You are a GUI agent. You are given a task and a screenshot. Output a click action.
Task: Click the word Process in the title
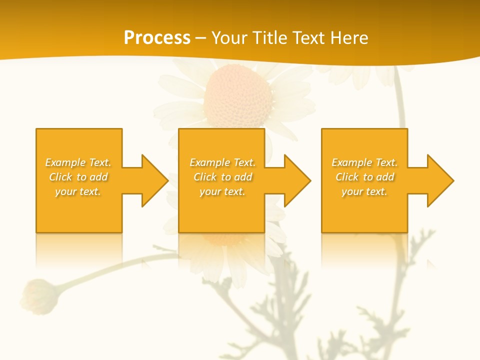[x=157, y=38]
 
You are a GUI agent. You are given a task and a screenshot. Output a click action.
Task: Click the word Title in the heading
[x=266, y=38]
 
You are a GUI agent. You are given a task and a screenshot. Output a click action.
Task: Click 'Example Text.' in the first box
[x=78, y=162]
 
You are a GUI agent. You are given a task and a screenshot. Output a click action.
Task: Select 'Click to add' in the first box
[x=78, y=177]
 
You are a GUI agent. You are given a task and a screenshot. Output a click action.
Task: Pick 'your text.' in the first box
[x=78, y=191]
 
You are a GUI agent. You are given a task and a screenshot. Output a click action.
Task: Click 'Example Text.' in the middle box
[x=222, y=162]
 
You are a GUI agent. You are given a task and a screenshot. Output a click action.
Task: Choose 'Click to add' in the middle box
[x=222, y=177]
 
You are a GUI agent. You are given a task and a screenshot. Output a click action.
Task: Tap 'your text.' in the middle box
[x=222, y=191]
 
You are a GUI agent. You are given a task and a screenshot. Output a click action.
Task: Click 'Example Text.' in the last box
[x=364, y=162]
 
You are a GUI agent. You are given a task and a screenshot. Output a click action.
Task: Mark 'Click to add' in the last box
[x=364, y=177]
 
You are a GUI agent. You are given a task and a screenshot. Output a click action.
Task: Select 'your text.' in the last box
[x=364, y=191]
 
